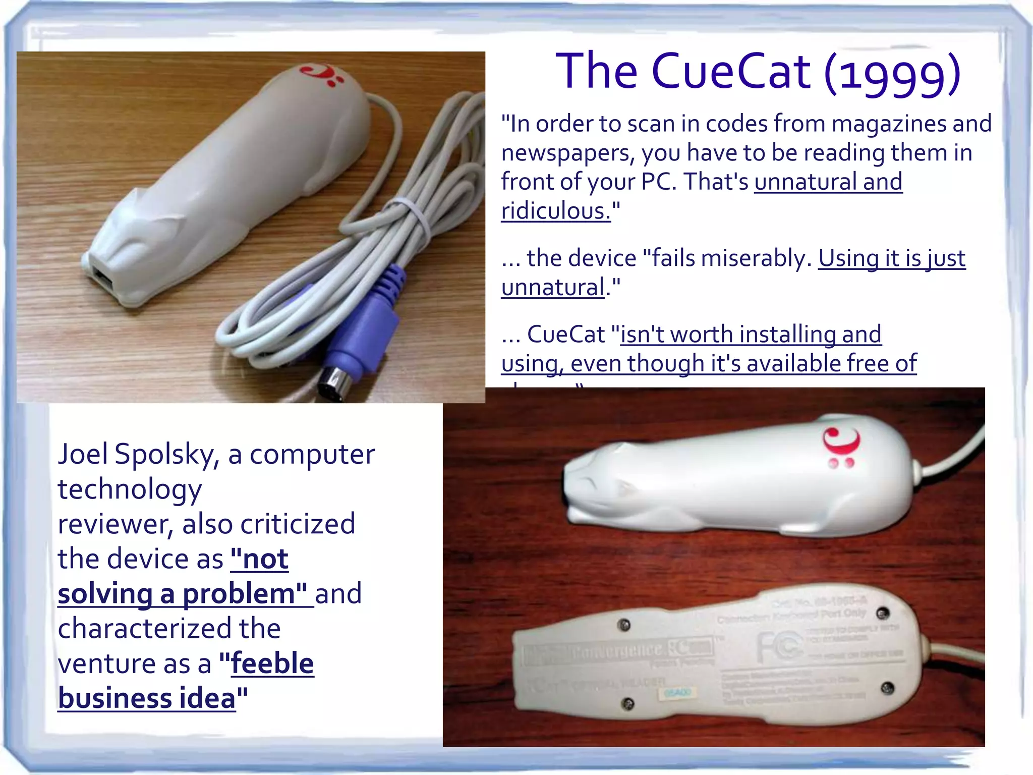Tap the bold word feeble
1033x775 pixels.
[x=272, y=663]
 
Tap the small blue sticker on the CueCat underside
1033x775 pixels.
[x=676, y=693]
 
